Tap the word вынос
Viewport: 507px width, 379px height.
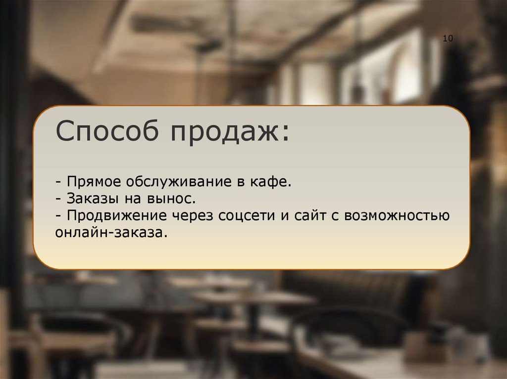point(175,199)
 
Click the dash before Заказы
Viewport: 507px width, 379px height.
point(59,199)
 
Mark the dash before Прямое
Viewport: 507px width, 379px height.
point(59,182)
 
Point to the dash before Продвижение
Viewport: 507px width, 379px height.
point(59,216)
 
